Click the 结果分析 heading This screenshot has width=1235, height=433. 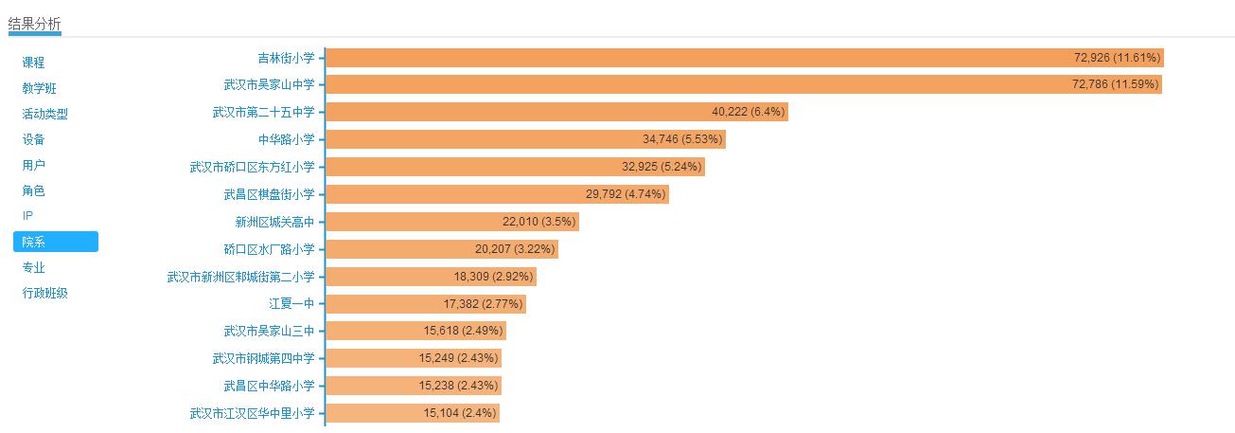35,23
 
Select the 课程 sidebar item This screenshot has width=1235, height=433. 34,63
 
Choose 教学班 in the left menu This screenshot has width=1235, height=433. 40,88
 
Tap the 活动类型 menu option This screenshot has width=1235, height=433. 45,114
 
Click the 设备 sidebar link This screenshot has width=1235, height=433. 34,139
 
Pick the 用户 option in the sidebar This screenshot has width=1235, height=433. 34,165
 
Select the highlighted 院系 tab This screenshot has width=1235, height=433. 55,242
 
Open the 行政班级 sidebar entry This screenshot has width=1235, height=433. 45,293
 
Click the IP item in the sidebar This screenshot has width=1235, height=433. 27,216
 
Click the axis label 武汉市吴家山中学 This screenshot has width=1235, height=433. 269,85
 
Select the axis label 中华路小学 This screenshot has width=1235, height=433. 286,139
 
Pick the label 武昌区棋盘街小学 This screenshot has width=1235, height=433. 269,194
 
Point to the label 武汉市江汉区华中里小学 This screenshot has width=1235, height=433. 252,413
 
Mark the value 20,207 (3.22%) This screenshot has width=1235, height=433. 515,249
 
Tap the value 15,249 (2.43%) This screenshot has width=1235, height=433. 458,358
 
